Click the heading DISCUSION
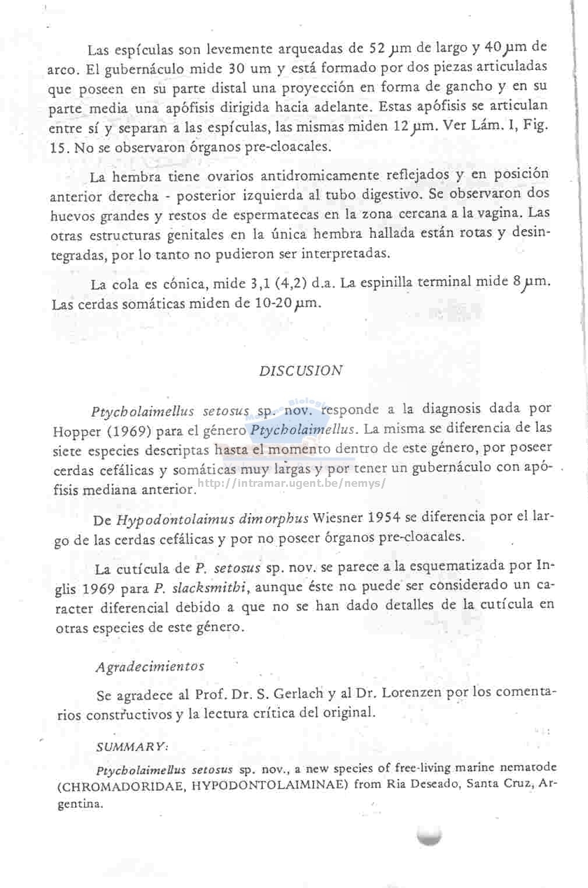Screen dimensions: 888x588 pyautogui.click(x=301, y=371)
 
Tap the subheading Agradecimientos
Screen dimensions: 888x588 pyautogui.click(x=150, y=666)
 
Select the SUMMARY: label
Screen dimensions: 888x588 pyautogui.click(x=132, y=747)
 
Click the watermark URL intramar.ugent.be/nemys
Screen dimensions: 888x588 pyautogui.click(x=291, y=483)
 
